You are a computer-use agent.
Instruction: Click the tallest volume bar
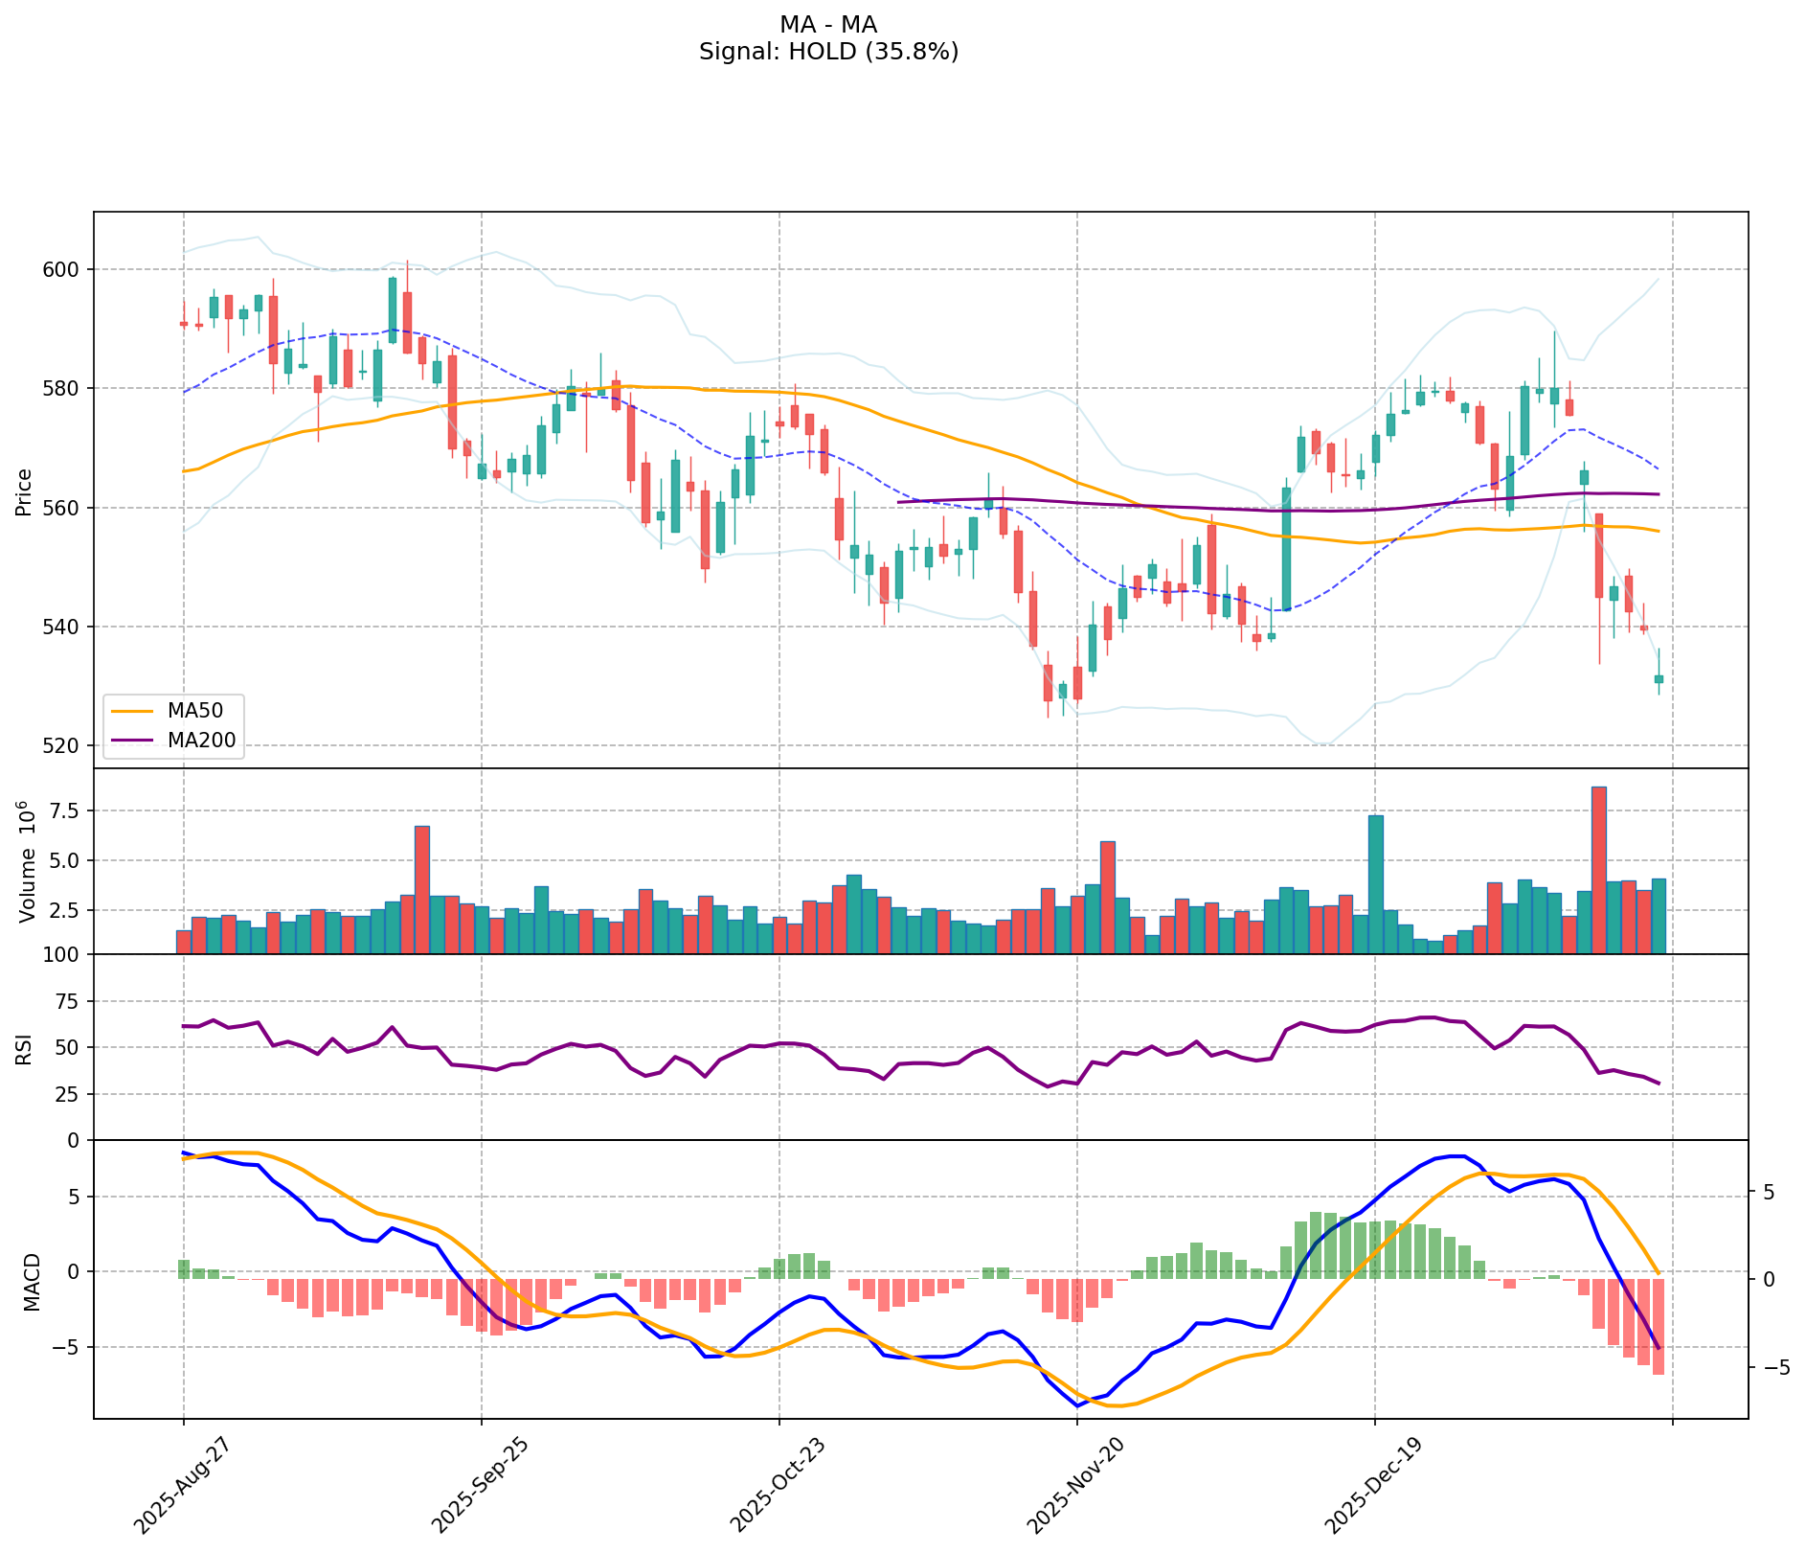click(1598, 869)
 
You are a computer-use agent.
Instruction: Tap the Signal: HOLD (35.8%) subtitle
click(828, 52)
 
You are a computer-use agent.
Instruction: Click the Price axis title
click(25, 491)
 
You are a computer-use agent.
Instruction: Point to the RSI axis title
click(25, 1048)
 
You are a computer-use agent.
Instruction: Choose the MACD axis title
click(32, 1281)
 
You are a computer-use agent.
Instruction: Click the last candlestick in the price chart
click(1659, 678)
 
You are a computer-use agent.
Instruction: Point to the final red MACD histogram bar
click(1658, 1326)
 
